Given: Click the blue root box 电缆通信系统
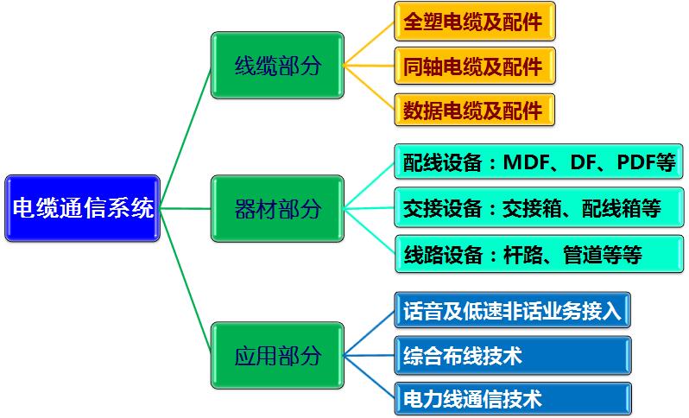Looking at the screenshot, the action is click(82, 208).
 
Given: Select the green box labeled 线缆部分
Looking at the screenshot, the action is click(277, 65).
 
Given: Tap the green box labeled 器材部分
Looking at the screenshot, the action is click(277, 208).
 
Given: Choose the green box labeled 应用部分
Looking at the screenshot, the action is click(277, 355).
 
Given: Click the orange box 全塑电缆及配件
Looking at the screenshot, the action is click(475, 21).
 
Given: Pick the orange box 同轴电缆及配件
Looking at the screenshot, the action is click(475, 66).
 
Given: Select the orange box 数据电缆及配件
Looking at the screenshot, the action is click(475, 110).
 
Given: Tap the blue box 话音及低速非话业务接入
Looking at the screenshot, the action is click(512, 310).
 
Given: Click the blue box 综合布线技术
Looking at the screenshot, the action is click(513, 356).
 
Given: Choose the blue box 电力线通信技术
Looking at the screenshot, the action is click(513, 399).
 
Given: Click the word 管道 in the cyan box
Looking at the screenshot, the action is click(582, 255).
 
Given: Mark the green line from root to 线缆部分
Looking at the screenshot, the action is click(186, 136).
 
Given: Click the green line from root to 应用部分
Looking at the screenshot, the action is click(186, 282).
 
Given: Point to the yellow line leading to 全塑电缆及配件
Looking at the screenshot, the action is click(370, 43).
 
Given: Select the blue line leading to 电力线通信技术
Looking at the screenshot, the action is click(370, 377).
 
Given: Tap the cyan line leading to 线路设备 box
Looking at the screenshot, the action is click(370, 231).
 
